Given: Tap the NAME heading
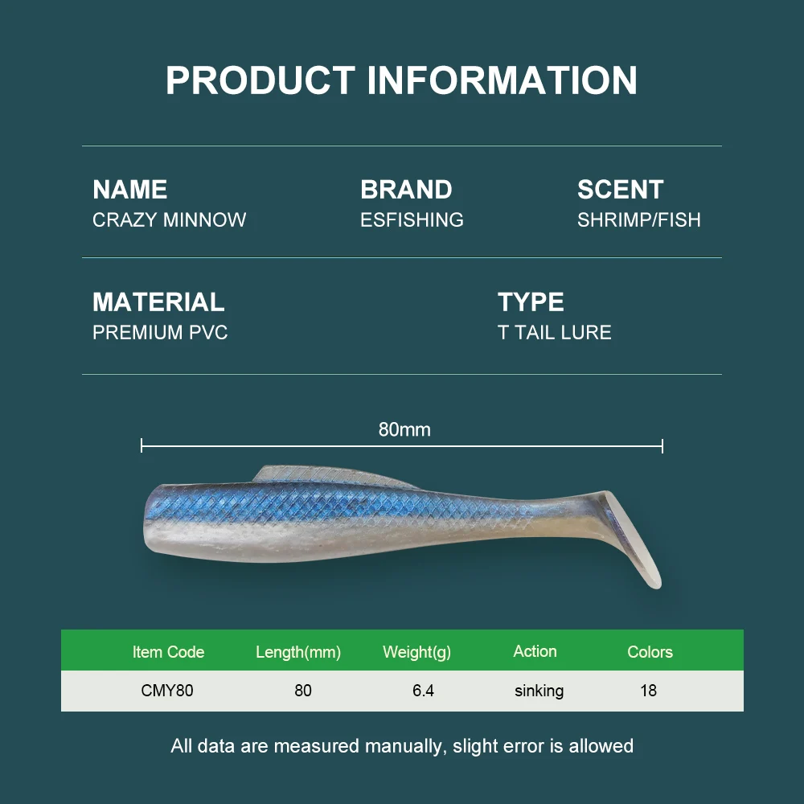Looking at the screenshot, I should click(130, 190).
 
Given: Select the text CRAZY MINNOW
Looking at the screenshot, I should click(170, 220).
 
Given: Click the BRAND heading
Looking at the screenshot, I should click(406, 190).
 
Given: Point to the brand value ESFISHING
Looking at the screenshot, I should click(412, 220).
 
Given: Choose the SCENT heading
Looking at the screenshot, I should click(620, 190).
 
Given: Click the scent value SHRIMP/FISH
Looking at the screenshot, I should click(638, 220).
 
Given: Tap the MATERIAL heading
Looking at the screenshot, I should click(158, 302).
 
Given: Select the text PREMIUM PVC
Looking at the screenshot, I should click(160, 333).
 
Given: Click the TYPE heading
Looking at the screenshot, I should click(531, 302).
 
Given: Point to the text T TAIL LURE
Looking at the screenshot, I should click(554, 333).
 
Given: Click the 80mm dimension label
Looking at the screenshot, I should click(404, 430).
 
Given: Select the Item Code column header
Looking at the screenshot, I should click(168, 652).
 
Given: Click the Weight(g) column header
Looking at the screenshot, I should click(416, 652).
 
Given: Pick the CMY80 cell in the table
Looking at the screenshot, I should click(167, 691).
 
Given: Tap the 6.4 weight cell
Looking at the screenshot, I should click(423, 691).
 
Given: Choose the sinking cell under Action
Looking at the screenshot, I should click(539, 691).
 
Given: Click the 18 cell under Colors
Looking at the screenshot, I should click(648, 691).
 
